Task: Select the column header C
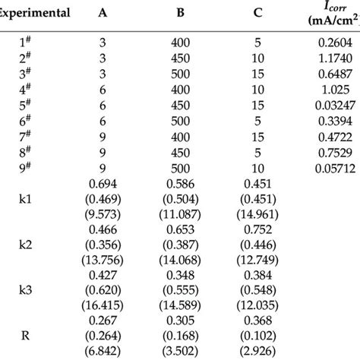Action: tap(258, 13)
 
